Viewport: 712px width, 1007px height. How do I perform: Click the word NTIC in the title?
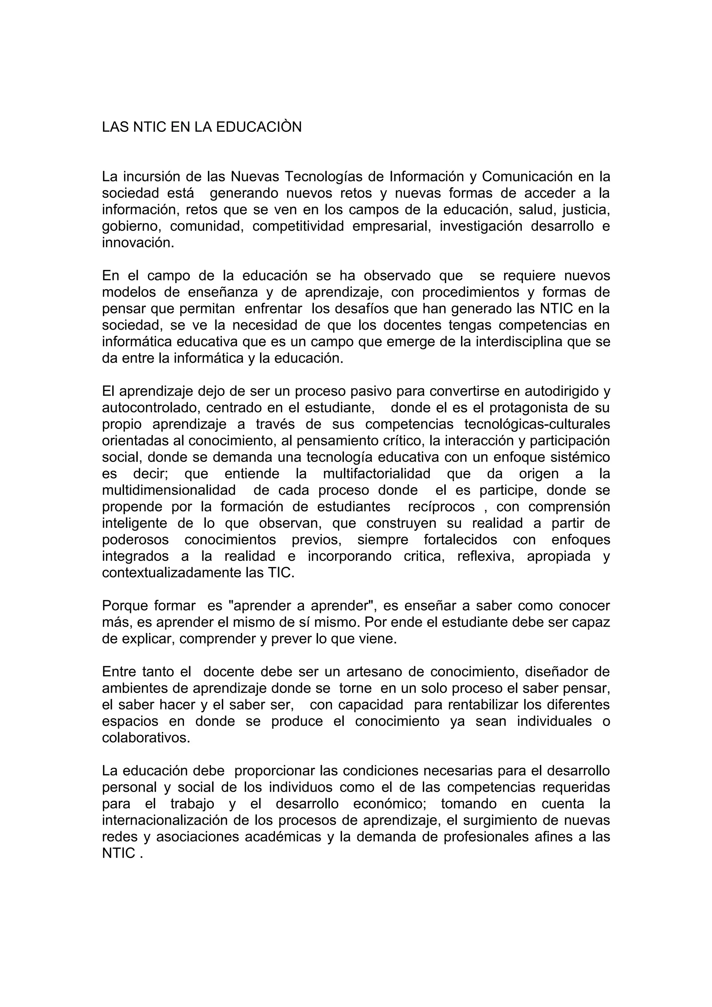pos(149,127)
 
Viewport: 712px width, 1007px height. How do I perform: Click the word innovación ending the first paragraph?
pos(138,243)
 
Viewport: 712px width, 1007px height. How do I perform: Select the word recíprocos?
pos(441,507)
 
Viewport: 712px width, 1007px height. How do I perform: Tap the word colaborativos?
pos(146,738)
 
